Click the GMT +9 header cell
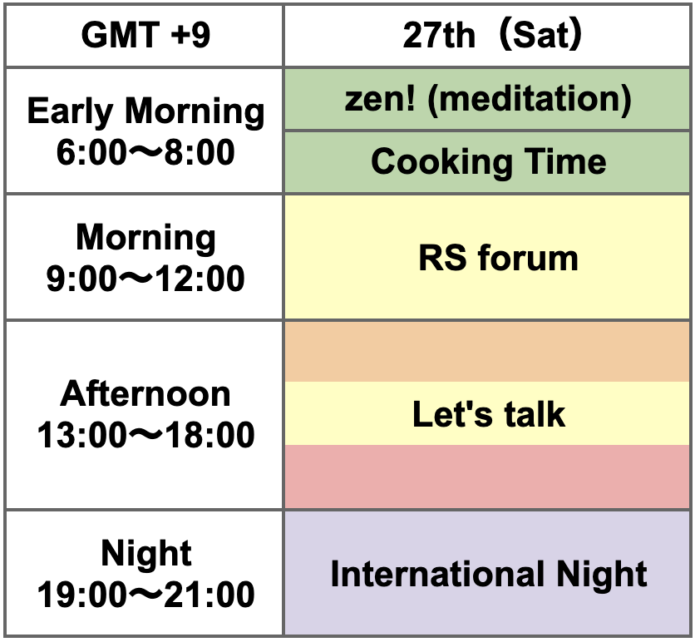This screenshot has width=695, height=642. point(144,36)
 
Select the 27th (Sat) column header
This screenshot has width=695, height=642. point(486,36)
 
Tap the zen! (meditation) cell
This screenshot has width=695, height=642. point(486,99)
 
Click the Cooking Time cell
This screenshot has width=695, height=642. point(486,162)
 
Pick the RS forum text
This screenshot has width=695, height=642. point(498,258)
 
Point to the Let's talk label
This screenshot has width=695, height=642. point(489,414)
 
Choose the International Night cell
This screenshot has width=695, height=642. point(486,573)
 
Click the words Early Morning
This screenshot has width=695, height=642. point(145,111)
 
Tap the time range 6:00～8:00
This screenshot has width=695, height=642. point(145,152)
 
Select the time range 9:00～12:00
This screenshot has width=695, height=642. point(145,279)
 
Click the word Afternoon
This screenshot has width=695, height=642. point(145,393)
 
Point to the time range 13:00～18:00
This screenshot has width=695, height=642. point(145,435)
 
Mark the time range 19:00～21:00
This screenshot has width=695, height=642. point(145,595)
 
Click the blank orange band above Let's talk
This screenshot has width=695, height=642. point(486,352)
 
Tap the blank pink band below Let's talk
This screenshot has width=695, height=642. point(486,477)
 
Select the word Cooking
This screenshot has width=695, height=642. point(441,163)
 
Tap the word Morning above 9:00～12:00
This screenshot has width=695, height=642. point(145,239)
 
